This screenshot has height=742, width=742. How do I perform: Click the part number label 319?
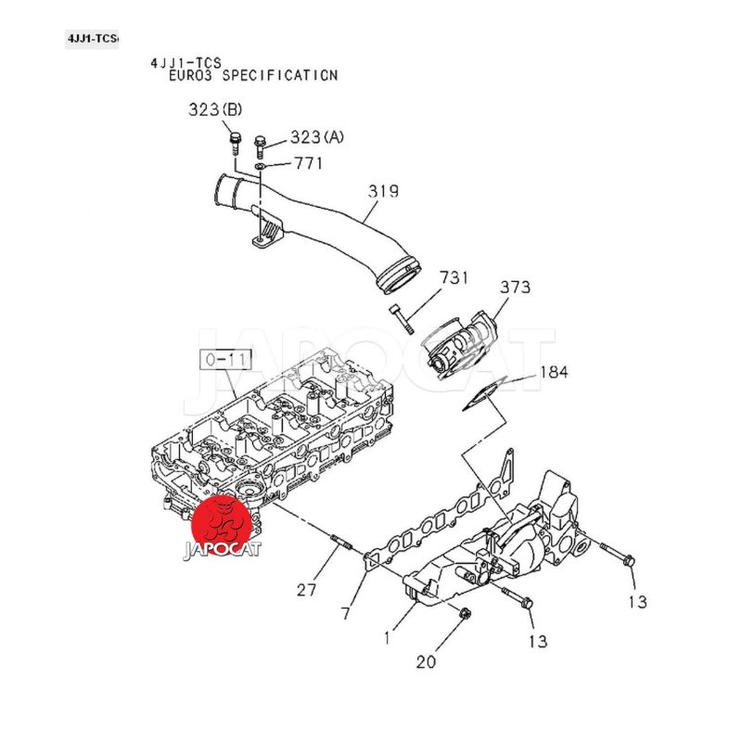[x=382, y=192]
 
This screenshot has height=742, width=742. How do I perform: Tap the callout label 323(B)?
[x=215, y=109]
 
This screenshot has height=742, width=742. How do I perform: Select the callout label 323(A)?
[x=316, y=137]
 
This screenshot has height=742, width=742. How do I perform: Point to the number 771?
[x=309, y=164]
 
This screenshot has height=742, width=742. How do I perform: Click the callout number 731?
[x=454, y=277]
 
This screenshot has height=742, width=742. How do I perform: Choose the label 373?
[x=516, y=287]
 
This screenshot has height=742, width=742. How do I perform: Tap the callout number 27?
[x=306, y=590]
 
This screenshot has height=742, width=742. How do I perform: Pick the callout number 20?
[x=425, y=662]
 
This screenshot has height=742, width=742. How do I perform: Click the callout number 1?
[x=388, y=638]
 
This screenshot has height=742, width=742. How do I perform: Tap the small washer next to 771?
[x=263, y=165]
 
